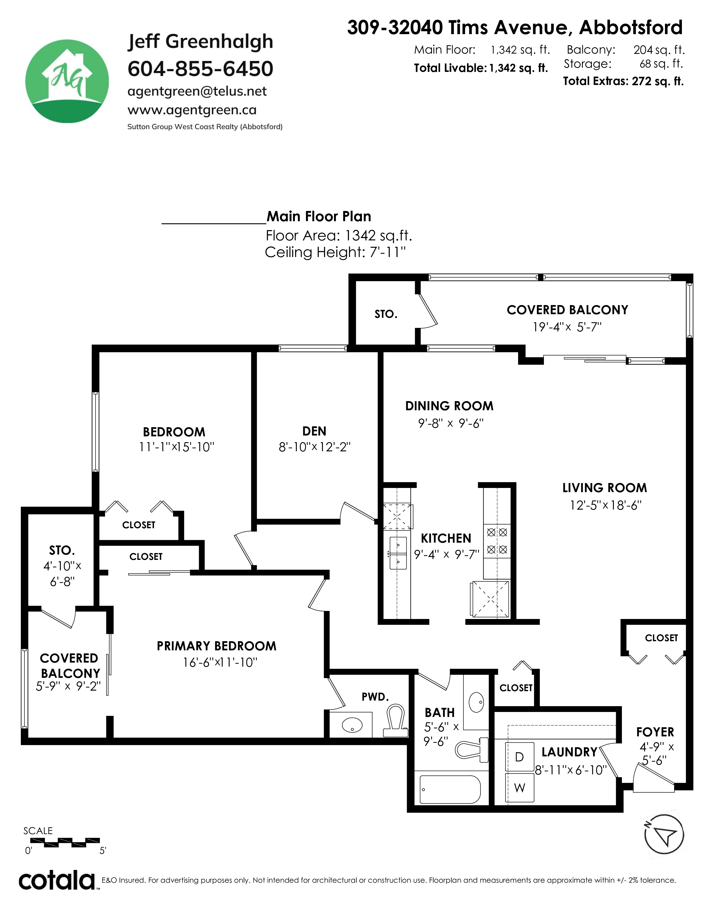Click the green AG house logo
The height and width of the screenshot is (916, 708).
(x=67, y=81)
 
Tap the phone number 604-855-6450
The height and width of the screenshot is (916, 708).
(x=200, y=69)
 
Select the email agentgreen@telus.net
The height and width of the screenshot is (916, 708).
(x=197, y=91)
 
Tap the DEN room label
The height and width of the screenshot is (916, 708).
(x=314, y=431)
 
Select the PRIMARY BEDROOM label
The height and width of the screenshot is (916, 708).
(x=217, y=646)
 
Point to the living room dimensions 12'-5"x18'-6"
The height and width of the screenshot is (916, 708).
(x=605, y=505)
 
